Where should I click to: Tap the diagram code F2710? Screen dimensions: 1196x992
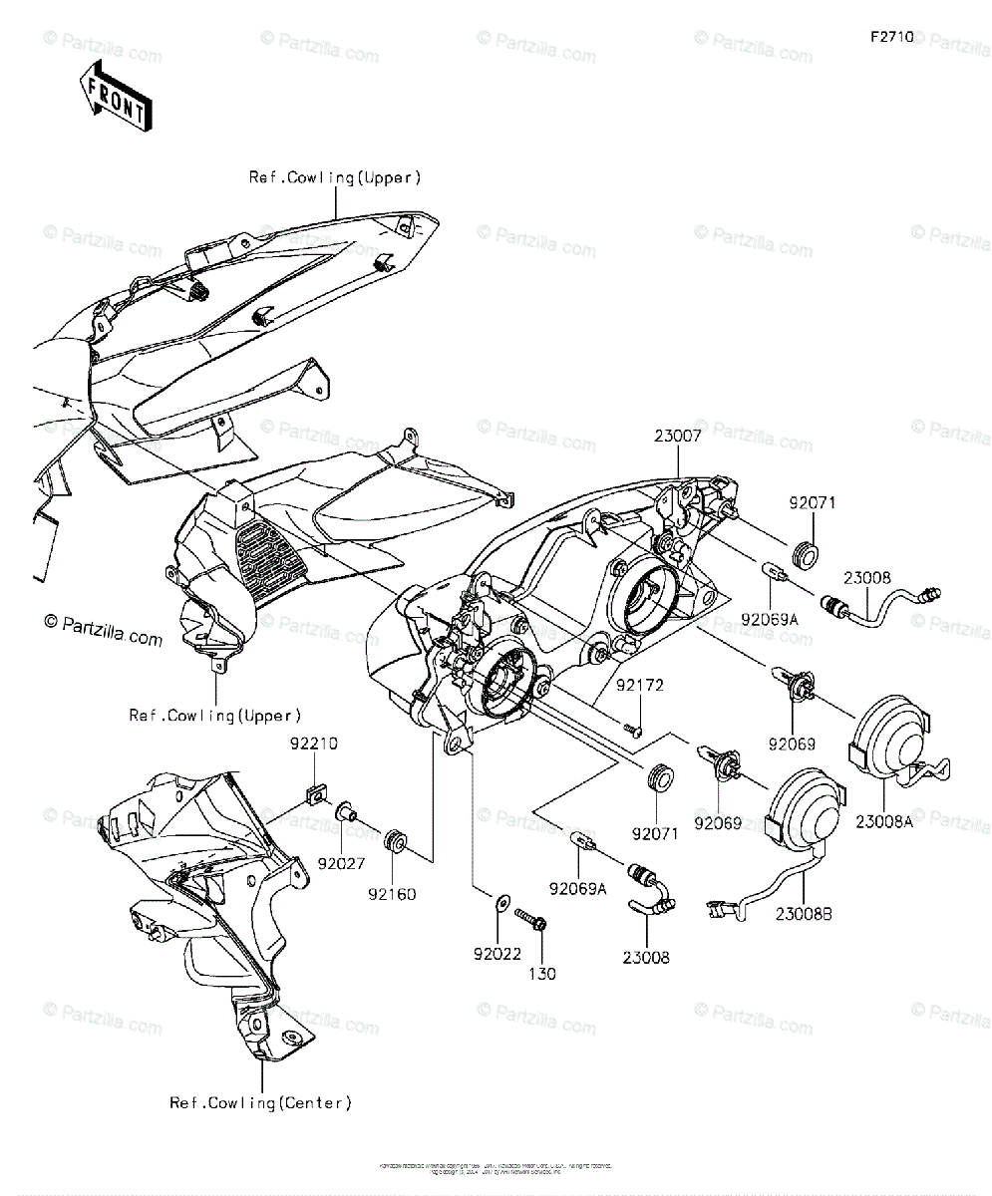pyautogui.click(x=891, y=37)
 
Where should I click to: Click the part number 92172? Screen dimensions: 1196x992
pyautogui.click(x=639, y=686)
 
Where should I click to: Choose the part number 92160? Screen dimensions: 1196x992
pyautogui.click(x=391, y=894)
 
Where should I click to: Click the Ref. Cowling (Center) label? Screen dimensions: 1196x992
pyautogui.click(x=260, y=1102)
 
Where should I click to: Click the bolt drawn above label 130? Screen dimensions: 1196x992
pyautogui.click(x=529, y=917)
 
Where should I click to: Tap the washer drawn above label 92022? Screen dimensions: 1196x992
pyautogui.click(x=497, y=906)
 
